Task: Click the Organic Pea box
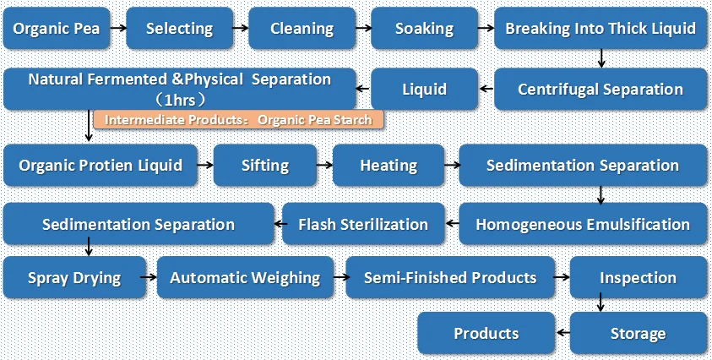(x=57, y=28)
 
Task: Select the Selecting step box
(x=179, y=28)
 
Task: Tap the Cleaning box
(x=302, y=28)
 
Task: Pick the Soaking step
(x=424, y=28)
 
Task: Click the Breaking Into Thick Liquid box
(x=601, y=28)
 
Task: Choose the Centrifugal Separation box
(x=601, y=89)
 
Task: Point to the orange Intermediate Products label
(x=239, y=120)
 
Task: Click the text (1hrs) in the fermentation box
(x=180, y=99)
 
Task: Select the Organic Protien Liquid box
(x=101, y=166)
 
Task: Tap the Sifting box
(x=265, y=166)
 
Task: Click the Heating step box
(x=389, y=166)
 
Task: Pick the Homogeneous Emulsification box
(x=583, y=224)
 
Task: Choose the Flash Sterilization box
(x=363, y=224)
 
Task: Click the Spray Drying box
(x=75, y=277)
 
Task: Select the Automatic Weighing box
(x=245, y=277)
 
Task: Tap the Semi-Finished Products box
(x=450, y=277)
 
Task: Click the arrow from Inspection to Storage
(x=601, y=302)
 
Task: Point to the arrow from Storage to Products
(x=563, y=333)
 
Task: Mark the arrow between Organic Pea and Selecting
(x=119, y=28)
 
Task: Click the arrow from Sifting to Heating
(x=324, y=166)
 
